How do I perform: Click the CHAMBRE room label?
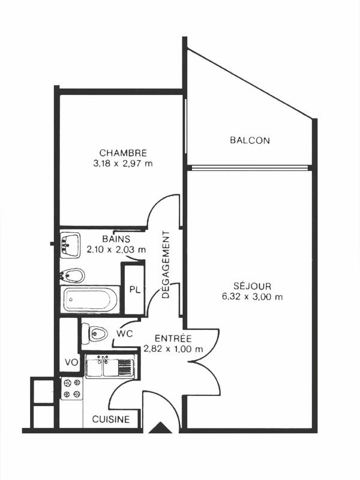[x=123, y=152]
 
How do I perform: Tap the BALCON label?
[x=250, y=141]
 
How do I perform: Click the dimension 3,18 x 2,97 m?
[x=123, y=163]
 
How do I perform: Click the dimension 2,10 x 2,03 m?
[x=116, y=249]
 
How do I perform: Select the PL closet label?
[x=134, y=290]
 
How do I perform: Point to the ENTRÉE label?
[x=173, y=338]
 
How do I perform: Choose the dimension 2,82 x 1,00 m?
[x=173, y=349]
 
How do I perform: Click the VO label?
[x=71, y=362]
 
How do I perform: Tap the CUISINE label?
[x=110, y=420]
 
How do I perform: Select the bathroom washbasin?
[x=71, y=244]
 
